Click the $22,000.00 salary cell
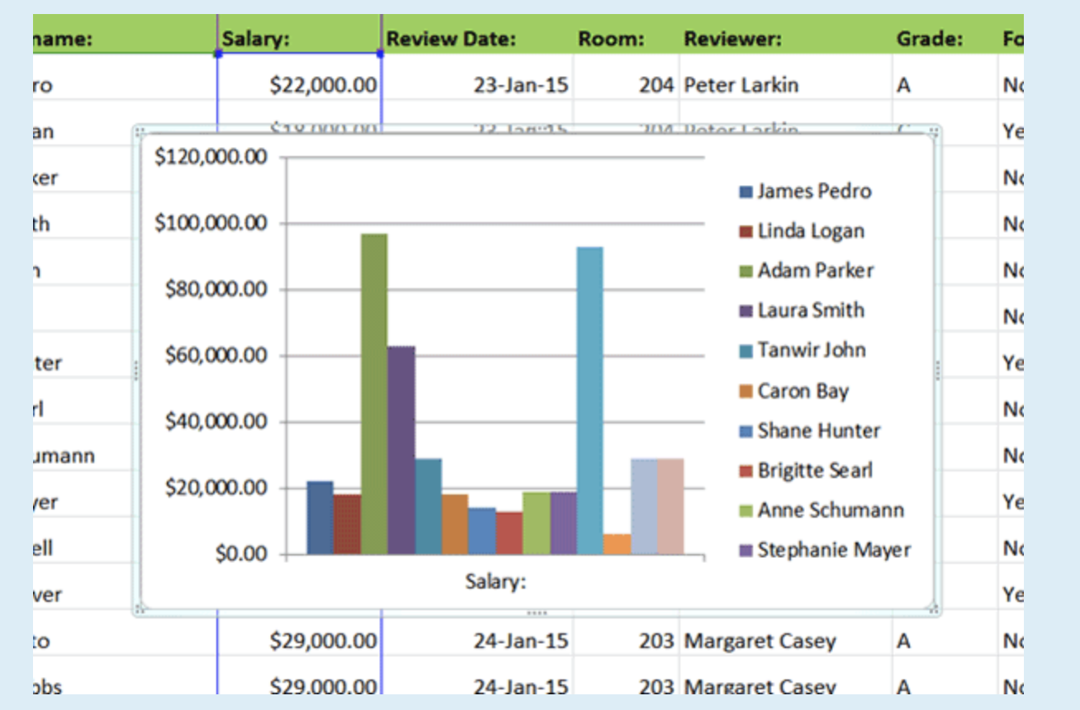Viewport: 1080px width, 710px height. click(x=323, y=85)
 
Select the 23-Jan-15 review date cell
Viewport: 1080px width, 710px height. click(x=520, y=85)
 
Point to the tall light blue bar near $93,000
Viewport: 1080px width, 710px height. click(x=590, y=400)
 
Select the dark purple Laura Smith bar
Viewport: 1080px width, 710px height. click(x=401, y=450)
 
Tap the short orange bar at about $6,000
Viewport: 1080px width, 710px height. click(x=617, y=544)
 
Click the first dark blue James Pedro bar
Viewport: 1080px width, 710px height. click(x=320, y=518)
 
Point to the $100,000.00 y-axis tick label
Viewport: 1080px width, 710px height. click(x=211, y=223)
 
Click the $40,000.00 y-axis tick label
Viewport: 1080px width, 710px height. click(x=211, y=422)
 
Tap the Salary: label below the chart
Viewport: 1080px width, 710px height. click(x=495, y=581)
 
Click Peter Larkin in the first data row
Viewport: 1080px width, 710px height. click(x=741, y=85)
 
